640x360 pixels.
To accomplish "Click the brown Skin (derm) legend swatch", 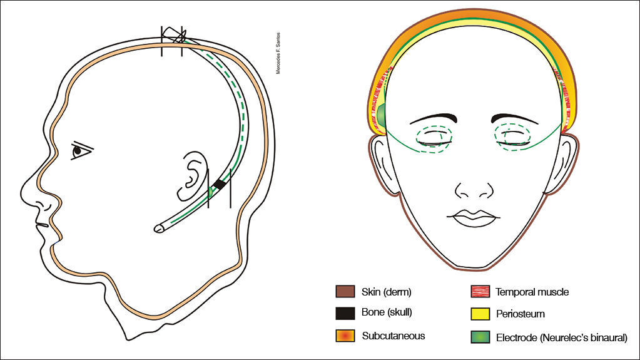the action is point(345,292).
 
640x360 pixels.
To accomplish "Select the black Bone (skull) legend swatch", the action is point(345,312).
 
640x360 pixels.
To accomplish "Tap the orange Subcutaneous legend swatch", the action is point(345,336).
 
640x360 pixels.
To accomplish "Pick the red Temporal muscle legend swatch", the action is point(480,292).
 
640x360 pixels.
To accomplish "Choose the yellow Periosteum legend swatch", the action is point(480,314).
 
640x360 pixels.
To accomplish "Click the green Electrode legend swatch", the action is point(480,337).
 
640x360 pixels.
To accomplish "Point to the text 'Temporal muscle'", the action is point(532,292).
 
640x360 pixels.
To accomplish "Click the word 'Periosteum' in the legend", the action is point(520,314).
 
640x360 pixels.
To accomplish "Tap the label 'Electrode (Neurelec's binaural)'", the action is point(561,337).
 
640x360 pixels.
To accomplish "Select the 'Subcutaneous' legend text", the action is point(393,336).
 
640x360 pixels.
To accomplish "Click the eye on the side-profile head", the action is point(79,150).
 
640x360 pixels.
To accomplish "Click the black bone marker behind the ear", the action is point(220,184).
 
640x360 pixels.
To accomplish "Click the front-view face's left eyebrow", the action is point(433,117).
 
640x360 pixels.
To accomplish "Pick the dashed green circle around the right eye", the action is point(513,135).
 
